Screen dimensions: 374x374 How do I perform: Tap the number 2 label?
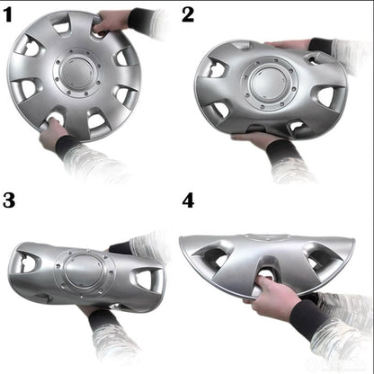point(187,14)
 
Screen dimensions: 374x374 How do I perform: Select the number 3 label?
point(10,200)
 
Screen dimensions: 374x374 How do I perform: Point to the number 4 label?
point(188,200)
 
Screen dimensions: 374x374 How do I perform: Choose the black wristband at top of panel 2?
point(320,44)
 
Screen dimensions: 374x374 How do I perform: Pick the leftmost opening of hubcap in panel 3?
point(27,263)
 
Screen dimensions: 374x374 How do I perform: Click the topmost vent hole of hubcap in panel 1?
point(62,28)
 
